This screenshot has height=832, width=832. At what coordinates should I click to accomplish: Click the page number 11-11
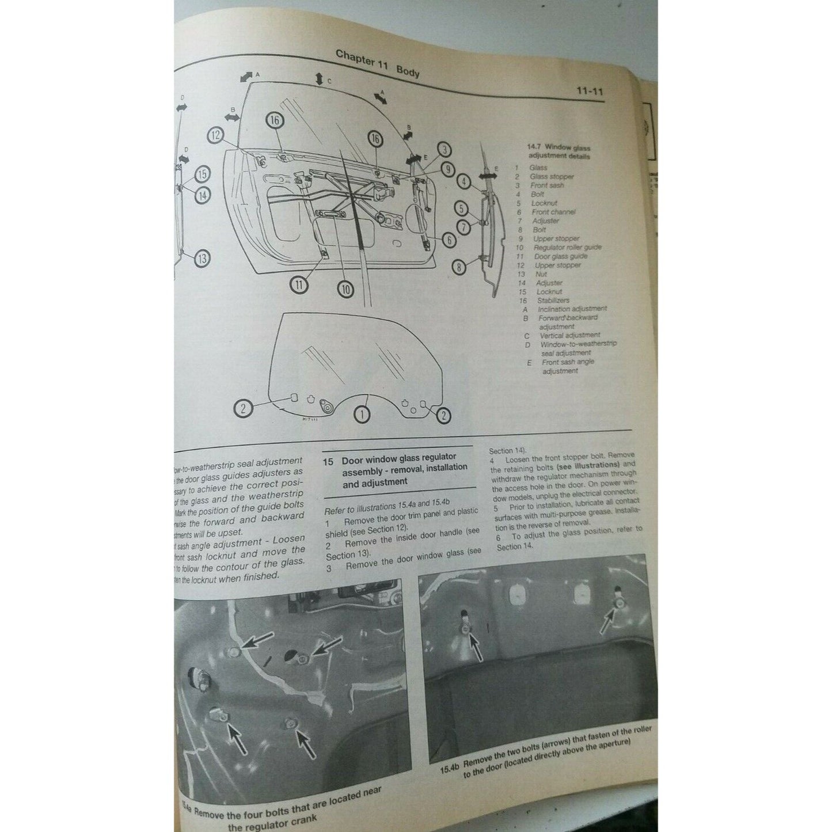[x=588, y=90]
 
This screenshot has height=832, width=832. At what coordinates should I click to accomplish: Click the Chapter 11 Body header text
[x=377, y=63]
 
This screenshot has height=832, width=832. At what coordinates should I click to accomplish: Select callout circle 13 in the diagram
[x=202, y=259]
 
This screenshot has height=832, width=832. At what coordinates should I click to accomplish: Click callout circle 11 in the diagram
[x=298, y=284]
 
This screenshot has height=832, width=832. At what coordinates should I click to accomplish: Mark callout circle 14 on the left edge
[x=202, y=195]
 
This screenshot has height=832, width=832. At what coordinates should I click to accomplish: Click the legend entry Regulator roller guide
[x=567, y=248]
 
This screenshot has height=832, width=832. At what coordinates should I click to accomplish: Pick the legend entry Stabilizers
[x=553, y=300]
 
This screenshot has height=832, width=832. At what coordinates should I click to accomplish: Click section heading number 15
[x=328, y=461]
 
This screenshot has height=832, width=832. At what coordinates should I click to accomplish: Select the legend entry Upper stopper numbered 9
[x=556, y=238]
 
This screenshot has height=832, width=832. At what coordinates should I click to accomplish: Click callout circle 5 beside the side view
[x=461, y=208]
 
